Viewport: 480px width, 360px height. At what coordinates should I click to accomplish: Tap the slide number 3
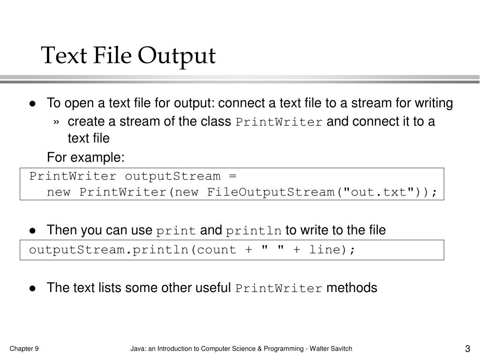(467, 349)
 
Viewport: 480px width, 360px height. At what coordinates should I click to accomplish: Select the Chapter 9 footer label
(24, 348)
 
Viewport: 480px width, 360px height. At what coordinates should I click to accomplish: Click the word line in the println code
(324, 250)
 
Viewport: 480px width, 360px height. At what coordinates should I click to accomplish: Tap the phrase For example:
(86, 157)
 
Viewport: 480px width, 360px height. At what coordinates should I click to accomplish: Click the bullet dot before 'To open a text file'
(33, 104)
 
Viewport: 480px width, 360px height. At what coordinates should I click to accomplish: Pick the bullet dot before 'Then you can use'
(33, 231)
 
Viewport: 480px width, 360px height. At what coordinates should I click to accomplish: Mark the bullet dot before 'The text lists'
(33, 288)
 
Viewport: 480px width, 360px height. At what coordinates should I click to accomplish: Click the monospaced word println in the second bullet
(254, 231)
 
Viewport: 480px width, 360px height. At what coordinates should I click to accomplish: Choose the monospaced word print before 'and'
(176, 231)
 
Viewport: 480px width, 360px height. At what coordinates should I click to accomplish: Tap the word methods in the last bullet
(352, 288)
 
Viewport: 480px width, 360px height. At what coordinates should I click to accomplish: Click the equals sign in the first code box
(233, 176)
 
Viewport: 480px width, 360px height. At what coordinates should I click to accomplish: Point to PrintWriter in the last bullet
(279, 288)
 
